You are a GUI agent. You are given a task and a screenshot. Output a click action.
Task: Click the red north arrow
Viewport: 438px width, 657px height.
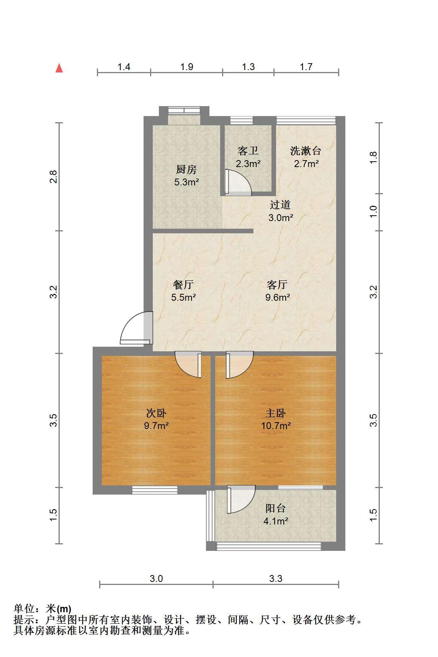[x=59, y=68]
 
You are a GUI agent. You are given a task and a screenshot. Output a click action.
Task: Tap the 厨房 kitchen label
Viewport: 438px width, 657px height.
[x=186, y=169]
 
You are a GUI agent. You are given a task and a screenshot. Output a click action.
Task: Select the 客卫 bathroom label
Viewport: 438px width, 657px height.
[x=248, y=151]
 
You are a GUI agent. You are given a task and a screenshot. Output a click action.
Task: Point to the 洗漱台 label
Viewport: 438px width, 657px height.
[x=306, y=151]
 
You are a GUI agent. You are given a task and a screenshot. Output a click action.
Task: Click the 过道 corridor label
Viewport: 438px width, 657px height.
[x=280, y=205]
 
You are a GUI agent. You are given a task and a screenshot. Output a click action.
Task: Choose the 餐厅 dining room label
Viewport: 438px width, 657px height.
[x=183, y=285]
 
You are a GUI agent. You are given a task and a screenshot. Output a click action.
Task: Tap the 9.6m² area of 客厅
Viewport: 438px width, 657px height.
[x=278, y=297]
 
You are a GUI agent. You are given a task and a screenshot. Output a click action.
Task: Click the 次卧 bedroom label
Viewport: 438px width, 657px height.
[x=156, y=413]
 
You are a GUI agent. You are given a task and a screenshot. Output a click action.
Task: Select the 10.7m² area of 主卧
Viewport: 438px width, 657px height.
[x=276, y=426]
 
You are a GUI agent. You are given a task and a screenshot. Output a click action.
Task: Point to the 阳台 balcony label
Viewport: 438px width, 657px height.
[x=276, y=508]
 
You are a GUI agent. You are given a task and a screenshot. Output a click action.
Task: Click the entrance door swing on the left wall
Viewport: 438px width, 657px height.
[x=136, y=328]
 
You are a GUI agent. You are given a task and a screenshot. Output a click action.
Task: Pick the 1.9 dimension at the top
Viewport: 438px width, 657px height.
[x=186, y=67]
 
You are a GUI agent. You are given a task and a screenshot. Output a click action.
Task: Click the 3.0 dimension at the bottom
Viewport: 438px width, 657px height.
[x=156, y=578]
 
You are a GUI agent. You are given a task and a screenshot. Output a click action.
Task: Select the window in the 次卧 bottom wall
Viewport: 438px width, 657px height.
[x=155, y=490]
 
